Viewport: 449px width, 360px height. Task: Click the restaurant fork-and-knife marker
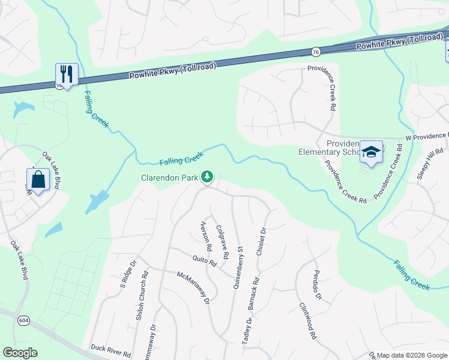66,74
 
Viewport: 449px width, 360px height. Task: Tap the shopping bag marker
38,179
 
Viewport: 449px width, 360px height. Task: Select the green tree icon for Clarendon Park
207,176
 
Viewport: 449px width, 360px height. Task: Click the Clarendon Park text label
170,178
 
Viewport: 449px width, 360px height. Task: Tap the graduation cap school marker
372,151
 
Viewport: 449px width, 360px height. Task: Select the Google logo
20,353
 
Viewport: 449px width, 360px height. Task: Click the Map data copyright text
412,355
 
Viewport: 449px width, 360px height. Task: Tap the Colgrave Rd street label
221,241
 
